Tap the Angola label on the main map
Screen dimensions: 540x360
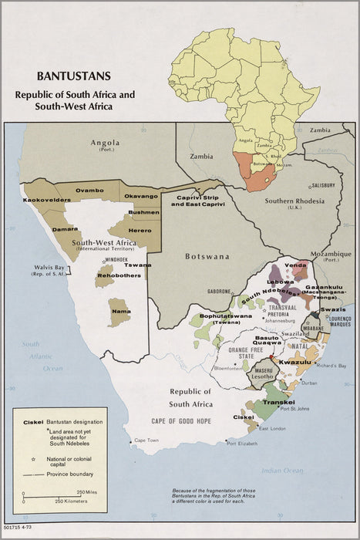tap(105, 143)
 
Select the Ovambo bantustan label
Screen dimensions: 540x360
tap(89, 190)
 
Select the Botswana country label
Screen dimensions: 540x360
tap(207, 255)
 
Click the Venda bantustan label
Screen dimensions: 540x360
tap(295, 265)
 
